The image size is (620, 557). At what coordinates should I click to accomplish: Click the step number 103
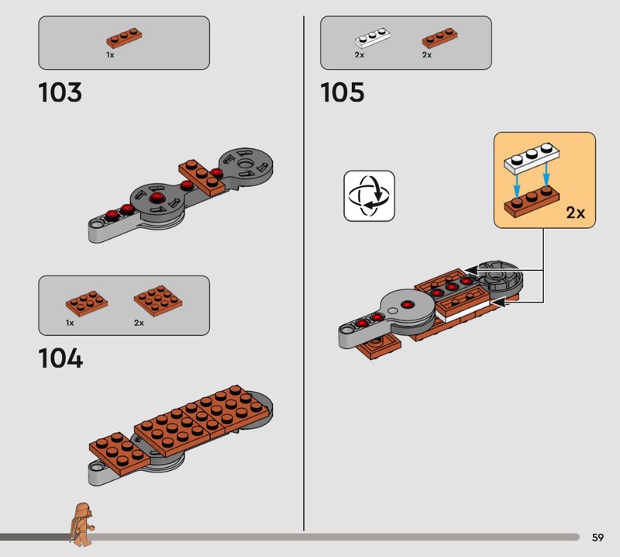pos(60,92)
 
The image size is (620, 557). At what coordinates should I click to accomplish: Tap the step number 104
pos(60,358)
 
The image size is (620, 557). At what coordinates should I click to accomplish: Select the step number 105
pos(342,92)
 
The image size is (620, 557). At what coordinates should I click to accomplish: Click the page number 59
pos(598,537)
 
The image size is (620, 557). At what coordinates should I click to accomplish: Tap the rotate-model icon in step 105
pos(369,196)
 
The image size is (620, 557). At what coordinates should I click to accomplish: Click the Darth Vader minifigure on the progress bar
pos(82,524)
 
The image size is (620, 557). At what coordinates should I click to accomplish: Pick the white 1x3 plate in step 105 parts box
pos(372,38)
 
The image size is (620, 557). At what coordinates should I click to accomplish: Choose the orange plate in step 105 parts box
pos(439,38)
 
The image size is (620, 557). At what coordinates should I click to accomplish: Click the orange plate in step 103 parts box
pos(124,38)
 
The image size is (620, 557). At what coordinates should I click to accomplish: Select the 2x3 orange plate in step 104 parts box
pos(87,303)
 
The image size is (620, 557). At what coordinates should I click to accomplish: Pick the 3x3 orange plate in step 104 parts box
pos(158,301)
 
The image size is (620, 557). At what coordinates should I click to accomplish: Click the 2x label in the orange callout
pos(575,213)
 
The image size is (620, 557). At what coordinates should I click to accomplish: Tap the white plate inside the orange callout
pos(532,158)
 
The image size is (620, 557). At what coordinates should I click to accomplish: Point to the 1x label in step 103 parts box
pos(110,55)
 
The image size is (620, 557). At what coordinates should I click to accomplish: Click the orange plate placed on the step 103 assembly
pos(201,177)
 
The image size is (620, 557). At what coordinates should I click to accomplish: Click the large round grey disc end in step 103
pos(246,164)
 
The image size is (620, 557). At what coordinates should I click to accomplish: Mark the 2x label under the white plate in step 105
pos(359,55)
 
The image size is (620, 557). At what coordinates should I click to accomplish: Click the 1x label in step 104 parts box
pos(70,323)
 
